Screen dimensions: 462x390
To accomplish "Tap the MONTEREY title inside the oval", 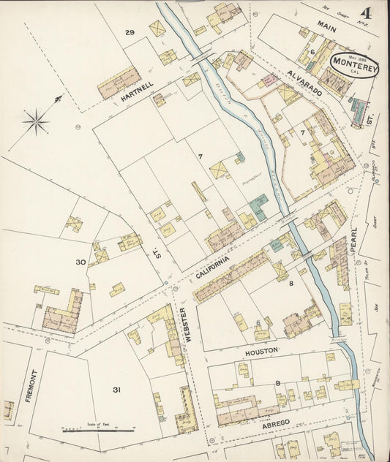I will pyautogui.click(x=354, y=63).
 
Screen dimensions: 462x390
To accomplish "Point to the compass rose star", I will pyautogui.click(x=35, y=118).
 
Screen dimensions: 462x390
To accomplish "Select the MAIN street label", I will pyautogui.click(x=327, y=26).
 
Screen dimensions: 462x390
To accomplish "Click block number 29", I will pyautogui.click(x=130, y=32).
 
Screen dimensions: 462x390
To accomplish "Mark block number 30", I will pyautogui.click(x=80, y=262).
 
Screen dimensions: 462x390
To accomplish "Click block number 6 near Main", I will pyautogui.click(x=312, y=52).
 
